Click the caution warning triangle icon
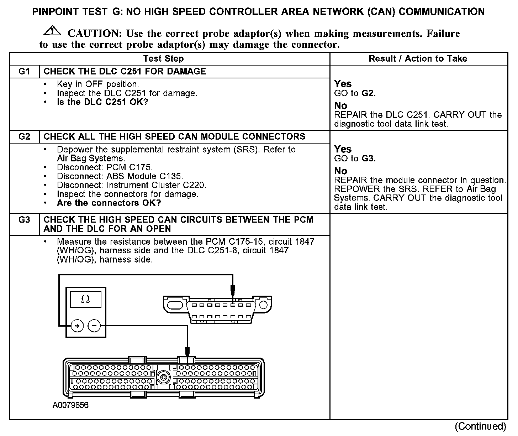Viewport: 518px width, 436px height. pyautogui.click(x=52, y=31)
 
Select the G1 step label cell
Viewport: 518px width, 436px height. pyautogui.click(x=24, y=71)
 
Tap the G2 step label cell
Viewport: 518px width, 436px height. pyautogui.click(x=24, y=137)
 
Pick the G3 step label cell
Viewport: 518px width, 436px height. pyautogui.click(x=24, y=220)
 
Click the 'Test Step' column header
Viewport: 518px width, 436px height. pyautogui.click(x=163, y=59)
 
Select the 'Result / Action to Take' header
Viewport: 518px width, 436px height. pyautogui.click(x=418, y=59)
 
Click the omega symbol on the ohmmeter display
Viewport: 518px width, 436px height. pyautogui.click(x=85, y=300)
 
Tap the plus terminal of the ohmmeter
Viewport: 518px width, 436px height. pyautogui.click(x=77, y=325)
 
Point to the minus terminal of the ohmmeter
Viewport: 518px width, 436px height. pyautogui.click(x=94, y=325)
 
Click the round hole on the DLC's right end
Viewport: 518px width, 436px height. pyautogui.click(x=263, y=305)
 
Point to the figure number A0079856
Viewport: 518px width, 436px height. pyautogui.click(x=70, y=405)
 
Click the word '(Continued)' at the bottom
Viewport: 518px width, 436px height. pyautogui.click(x=480, y=426)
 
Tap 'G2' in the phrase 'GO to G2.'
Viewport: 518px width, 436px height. pyautogui.click(x=368, y=93)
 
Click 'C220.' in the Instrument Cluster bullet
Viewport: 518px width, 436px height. pyautogui.click(x=194, y=185)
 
